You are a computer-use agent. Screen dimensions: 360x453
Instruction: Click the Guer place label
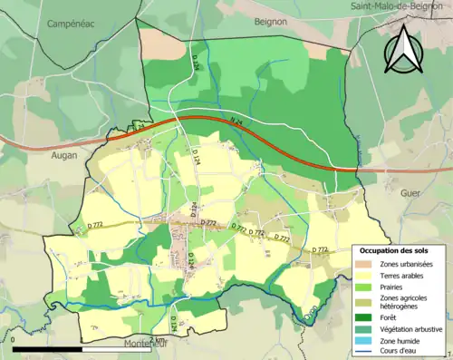411,193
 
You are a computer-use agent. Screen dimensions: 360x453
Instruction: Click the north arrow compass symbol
401,49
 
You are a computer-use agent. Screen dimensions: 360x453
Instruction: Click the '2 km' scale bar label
157,340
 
